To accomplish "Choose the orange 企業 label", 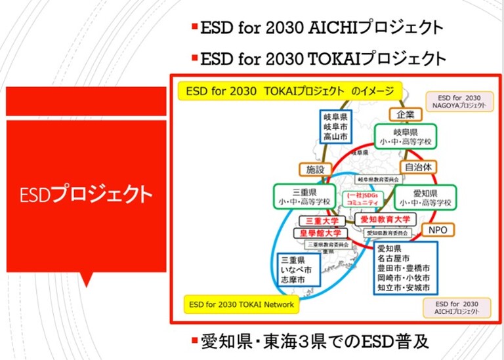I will (x=405, y=115).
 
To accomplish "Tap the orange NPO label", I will (x=437, y=230).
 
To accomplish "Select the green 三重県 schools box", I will (x=303, y=196).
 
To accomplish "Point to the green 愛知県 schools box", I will (x=425, y=197).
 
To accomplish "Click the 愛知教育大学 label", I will (x=385, y=218).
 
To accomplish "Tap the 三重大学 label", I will (x=320, y=221).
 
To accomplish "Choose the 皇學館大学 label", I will (x=320, y=233).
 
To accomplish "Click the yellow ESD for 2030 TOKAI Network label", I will (x=241, y=305).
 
